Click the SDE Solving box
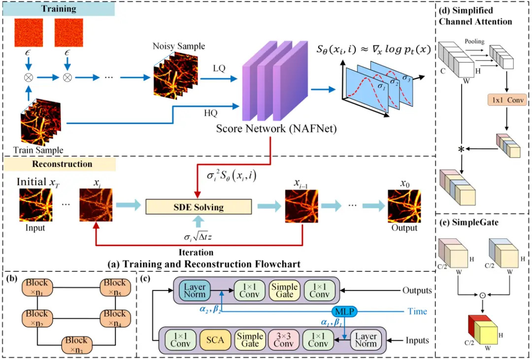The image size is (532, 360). pyautogui.click(x=199, y=207)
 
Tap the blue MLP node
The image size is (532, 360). pyautogui.click(x=344, y=311)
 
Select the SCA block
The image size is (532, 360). pyautogui.click(x=215, y=339)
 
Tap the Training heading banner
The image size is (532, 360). pyautogui.click(x=58, y=9)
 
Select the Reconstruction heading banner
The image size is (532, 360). pyautogui.click(x=59, y=164)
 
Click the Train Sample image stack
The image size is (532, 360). pyautogui.click(x=41, y=123)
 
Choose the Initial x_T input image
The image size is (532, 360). pyautogui.click(x=35, y=205)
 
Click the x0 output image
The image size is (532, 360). pyautogui.click(x=404, y=206)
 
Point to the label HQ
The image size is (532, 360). pyautogui.click(x=210, y=112)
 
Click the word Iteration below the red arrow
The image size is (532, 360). pyautogui.click(x=197, y=253)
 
